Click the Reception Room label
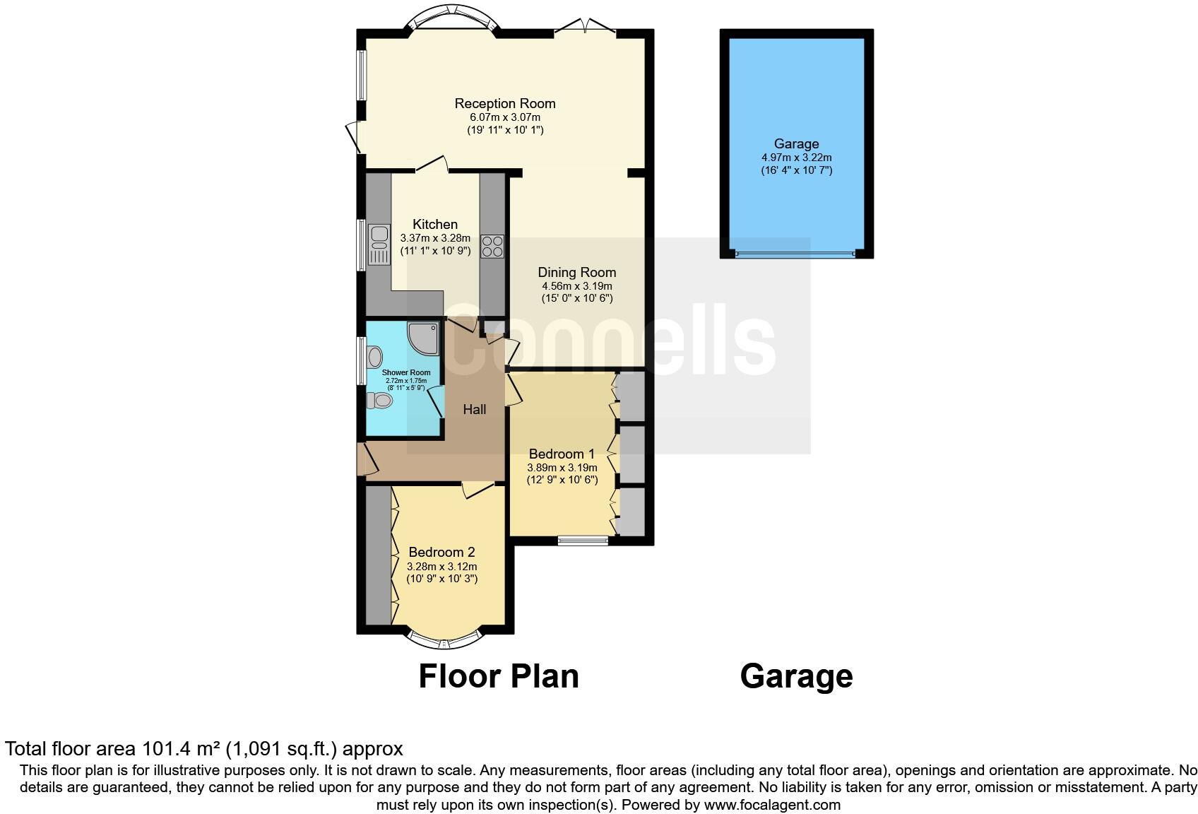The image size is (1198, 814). pos(504,104)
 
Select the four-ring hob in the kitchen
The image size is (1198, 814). pos(492,246)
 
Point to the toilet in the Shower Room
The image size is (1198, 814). pos(379,401)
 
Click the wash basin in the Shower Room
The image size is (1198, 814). pos(374,356)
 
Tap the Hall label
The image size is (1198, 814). pos(474,409)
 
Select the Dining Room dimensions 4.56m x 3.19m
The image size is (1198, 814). pos(576,286)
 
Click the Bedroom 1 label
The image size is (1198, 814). pos(562,454)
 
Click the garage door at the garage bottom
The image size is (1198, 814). pos(795,254)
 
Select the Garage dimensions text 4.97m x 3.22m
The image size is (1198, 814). pos(796,158)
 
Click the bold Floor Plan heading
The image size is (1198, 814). pos(499,676)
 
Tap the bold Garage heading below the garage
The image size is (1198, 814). pos(796,676)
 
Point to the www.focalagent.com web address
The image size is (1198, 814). pos(772,805)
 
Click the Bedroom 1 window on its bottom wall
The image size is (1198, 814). pos(583,541)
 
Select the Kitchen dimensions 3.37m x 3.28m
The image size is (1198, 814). pos(435,238)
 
